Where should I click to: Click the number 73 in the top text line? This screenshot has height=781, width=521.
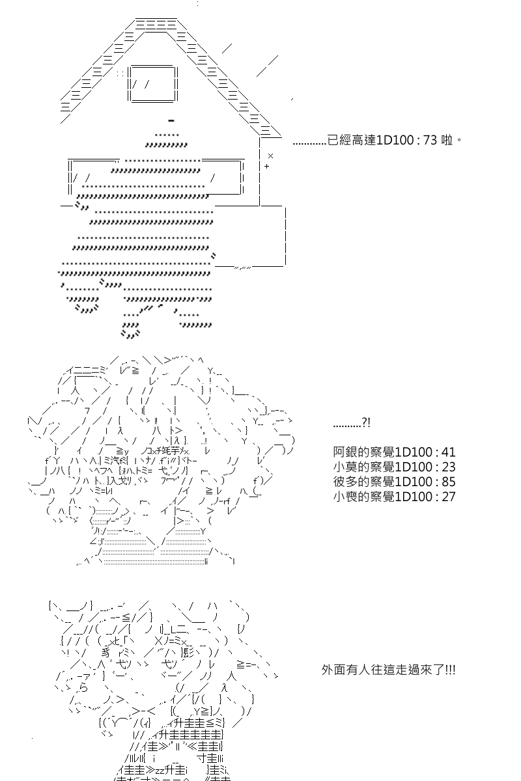pos(430,140)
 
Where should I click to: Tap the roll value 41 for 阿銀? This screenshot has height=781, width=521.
pos(449,452)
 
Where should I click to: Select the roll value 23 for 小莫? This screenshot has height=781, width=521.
pos(449,467)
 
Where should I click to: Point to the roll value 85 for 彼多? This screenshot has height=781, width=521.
pos(449,482)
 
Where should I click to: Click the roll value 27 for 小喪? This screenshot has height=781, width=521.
pos(449,497)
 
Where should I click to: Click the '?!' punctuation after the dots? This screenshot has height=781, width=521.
pos(366,423)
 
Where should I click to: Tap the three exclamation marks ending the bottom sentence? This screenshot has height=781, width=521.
pos(450,670)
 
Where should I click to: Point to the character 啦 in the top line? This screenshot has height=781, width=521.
pos(447,140)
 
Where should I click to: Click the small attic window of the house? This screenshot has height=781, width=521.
pos(153,84)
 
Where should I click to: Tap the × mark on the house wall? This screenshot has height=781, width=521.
pos(270,156)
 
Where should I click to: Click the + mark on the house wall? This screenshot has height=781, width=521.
pos(267,167)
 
